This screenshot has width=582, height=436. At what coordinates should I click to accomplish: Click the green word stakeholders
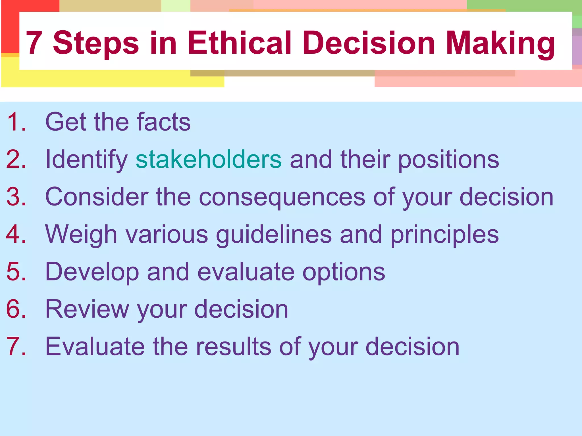[x=209, y=159]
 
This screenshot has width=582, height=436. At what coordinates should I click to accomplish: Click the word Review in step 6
[x=87, y=309]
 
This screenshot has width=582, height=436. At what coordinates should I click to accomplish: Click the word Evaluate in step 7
[x=95, y=347]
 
